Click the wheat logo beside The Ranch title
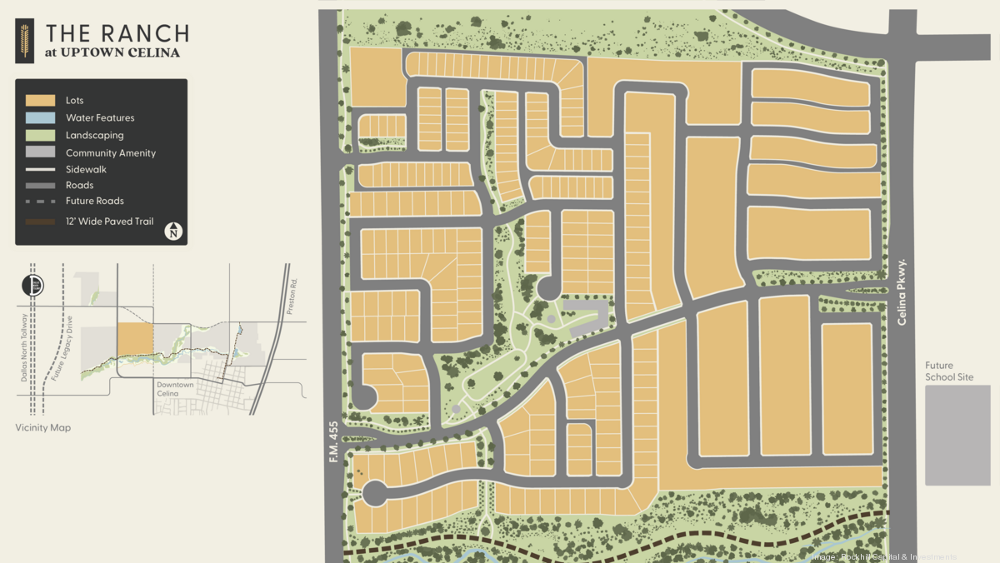point(23,42)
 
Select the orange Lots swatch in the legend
point(40,101)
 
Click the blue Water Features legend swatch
point(40,118)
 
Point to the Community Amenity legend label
point(111,153)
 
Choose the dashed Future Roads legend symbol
point(40,202)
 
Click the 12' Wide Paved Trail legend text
point(110,222)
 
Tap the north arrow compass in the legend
point(173,231)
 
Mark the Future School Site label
point(949,371)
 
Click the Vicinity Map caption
point(42,428)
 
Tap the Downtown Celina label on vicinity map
point(174,389)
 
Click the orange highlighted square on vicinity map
point(135,340)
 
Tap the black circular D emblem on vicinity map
point(32,285)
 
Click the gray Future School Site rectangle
point(957,435)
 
